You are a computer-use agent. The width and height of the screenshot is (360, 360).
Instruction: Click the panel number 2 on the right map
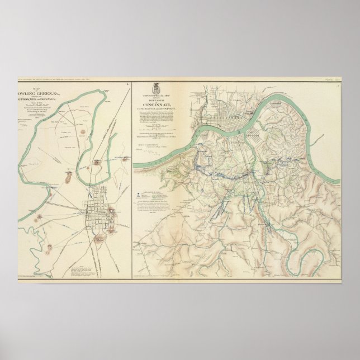(338, 84)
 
